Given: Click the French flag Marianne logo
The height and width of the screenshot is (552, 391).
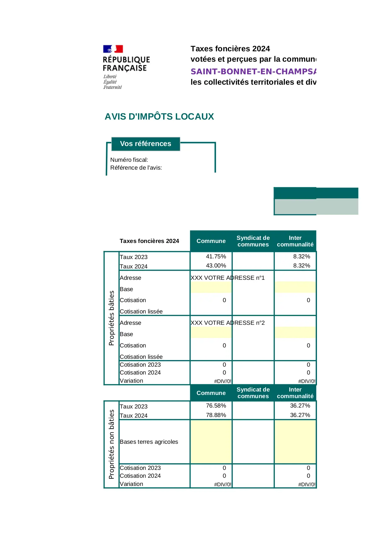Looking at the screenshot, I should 113,49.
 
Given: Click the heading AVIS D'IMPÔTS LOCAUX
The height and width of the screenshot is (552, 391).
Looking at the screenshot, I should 159,117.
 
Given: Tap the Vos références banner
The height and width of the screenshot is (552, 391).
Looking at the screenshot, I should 146,144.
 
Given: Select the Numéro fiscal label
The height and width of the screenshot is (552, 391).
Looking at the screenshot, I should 129,160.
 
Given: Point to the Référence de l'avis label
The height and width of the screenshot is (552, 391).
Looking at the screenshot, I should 136,168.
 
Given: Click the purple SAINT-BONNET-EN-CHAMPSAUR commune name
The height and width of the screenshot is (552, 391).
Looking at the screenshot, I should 253,72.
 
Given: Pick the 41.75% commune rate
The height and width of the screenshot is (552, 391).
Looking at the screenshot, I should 216,256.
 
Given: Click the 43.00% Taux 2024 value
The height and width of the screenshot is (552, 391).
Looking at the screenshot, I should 216,266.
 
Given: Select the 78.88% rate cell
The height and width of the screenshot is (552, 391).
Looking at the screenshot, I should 216,415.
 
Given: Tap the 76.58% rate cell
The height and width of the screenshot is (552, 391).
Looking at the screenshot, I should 216,406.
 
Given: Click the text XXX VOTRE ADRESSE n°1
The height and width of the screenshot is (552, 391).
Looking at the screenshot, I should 227,278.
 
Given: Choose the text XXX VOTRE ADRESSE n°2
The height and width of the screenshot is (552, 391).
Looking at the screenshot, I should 227,323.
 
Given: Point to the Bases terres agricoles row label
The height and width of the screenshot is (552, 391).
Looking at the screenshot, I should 149,442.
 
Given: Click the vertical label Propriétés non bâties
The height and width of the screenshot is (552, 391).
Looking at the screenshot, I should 112,444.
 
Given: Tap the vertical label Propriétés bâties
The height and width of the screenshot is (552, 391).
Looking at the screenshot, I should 112,318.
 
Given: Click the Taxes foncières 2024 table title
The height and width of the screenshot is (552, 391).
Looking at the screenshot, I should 149,241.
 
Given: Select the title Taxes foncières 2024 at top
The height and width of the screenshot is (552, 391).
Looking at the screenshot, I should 230,49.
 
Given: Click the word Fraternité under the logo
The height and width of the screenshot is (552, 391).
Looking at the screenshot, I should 112,87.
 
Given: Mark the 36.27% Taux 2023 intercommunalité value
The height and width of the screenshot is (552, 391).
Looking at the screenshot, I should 300,406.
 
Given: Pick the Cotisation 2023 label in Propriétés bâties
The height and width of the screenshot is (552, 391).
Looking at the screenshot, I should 140,365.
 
